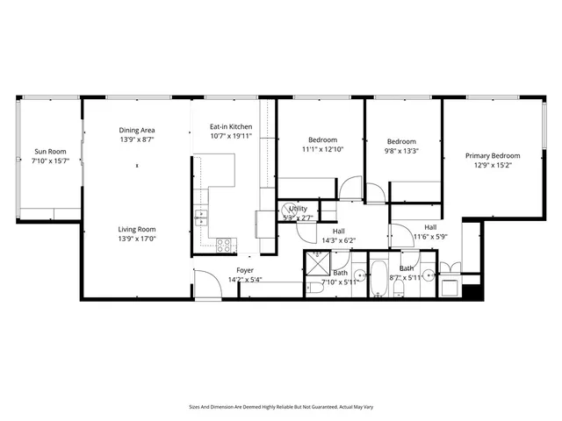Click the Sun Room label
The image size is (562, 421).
point(49,151)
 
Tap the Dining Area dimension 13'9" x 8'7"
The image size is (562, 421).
point(137,139)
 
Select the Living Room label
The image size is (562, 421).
point(137,229)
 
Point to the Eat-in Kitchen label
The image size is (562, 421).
point(231,126)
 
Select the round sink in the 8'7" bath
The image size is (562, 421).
point(428,275)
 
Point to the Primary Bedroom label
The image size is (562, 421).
point(493,155)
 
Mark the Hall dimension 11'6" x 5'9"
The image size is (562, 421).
point(430,236)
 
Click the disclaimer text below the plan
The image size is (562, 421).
point(281,406)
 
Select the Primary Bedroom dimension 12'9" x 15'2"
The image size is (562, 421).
point(493,165)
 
